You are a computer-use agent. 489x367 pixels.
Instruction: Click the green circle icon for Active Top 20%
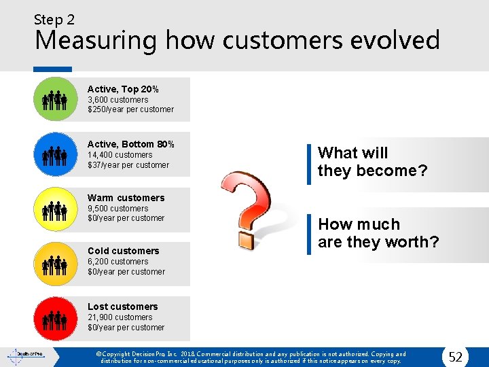54,100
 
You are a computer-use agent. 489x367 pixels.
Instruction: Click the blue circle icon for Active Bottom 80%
54,155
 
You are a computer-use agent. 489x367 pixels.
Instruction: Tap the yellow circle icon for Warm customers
54,209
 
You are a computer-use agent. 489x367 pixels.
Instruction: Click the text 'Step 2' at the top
55,20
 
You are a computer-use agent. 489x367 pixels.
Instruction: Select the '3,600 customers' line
117,99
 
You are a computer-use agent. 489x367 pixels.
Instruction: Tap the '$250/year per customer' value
130,109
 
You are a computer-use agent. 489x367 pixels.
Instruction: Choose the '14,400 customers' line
120,155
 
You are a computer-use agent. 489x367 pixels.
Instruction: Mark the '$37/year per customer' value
128,165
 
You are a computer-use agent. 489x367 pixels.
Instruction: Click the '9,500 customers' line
117,209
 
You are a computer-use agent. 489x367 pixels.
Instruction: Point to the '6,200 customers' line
117,262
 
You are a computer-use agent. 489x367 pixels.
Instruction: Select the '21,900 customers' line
120,317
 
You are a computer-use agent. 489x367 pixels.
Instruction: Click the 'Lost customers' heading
122,307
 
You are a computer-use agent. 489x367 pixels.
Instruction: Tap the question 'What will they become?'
372,162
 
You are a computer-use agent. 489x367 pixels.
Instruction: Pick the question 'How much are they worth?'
378,233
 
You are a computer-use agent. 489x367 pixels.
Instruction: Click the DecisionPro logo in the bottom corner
25,355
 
